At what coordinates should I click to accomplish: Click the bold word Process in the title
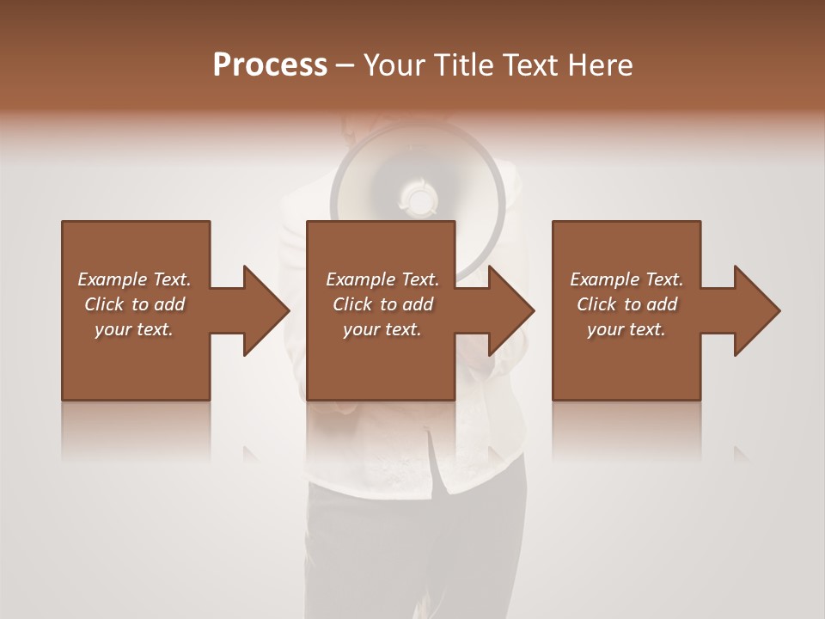pyautogui.click(x=270, y=65)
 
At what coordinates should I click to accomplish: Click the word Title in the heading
pyautogui.click(x=465, y=65)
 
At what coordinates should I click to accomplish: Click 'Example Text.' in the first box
pyautogui.click(x=134, y=279)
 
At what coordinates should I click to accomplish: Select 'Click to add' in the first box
pyautogui.click(x=134, y=304)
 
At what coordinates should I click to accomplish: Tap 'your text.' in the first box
pyautogui.click(x=134, y=329)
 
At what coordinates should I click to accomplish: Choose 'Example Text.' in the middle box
pyautogui.click(x=382, y=279)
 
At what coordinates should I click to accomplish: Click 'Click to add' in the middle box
pyautogui.click(x=382, y=304)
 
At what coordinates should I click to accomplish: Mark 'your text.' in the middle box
pyautogui.click(x=382, y=329)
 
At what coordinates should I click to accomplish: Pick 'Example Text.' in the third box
pyautogui.click(x=626, y=279)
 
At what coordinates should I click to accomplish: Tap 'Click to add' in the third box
pyautogui.click(x=626, y=304)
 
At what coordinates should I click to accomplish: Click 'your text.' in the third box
pyautogui.click(x=626, y=329)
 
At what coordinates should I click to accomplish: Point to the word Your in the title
pyautogui.click(x=394, y=65)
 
